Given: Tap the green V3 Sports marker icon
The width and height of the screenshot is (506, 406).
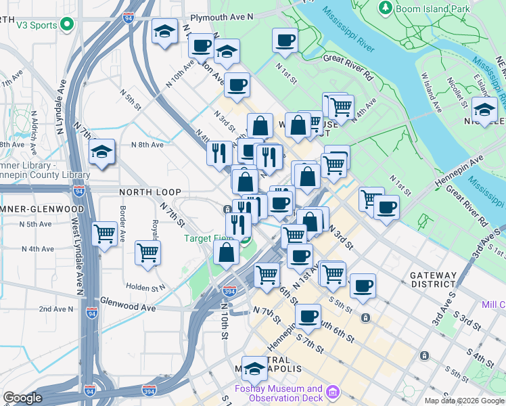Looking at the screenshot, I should click(66, 25).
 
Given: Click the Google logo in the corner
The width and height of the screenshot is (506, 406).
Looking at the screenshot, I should click(23, 398).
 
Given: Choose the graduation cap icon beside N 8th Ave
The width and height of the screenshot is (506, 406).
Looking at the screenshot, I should click(102, 152).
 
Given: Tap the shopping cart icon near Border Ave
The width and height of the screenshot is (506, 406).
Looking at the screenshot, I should click(104, 234).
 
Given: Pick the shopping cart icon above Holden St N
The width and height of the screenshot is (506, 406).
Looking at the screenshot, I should click(147, 253).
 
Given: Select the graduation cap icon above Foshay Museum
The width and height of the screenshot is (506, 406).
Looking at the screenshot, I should click(255, 368).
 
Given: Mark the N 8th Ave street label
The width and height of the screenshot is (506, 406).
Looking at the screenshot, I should click(147, 145).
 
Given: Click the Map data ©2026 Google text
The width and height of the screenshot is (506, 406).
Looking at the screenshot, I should click(464, 401).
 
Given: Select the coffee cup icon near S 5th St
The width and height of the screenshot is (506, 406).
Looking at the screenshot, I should click(363, 286).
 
